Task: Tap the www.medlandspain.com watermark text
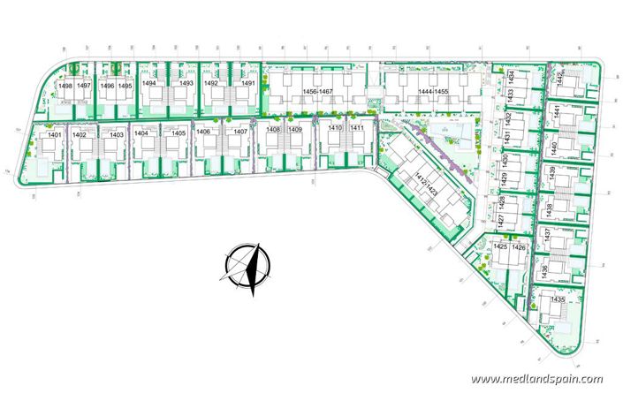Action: pyautogui.click(x=536, y=379)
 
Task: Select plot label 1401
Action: pyautogui.click(x=53, y=134)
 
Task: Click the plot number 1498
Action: pyautogui.click(x=65, y=85)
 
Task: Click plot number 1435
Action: pyautogui.click(x=558, y=300)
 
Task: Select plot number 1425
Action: pyautogui.click(x=501, y=247)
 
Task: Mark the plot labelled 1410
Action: pyautogui.click(x=334, y=128)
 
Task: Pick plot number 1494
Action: pyautogui.click(x=149, y=83)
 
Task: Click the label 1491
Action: pyautogui.click(x=247, y=83)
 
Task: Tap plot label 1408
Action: pyautogui.click(x=273, y=129)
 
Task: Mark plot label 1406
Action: pyautogui.click(x=204, y=131)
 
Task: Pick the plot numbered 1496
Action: pyautogui.click(x=107, y=85)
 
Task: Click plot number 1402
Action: pyautogui.click(x=80, y=134)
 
